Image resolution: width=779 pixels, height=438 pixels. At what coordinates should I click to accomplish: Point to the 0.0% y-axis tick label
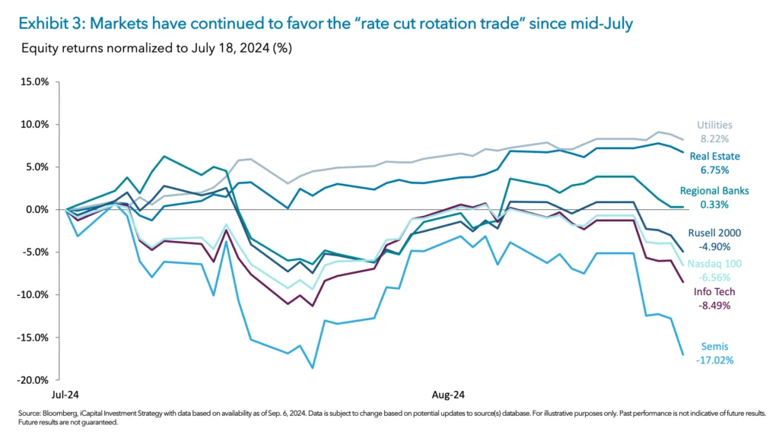(46, 209)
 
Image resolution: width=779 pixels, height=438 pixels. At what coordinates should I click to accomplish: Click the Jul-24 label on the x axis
(66, 395)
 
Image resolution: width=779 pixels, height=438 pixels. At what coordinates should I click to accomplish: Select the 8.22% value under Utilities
(715, 139)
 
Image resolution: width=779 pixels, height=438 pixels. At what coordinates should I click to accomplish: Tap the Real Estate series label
(714, 157)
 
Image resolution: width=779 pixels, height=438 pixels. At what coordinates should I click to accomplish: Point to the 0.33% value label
(714, 204)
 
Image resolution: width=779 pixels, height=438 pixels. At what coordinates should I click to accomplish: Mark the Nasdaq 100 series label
(716, 263)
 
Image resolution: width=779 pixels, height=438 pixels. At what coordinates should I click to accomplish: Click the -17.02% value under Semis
(714, 360)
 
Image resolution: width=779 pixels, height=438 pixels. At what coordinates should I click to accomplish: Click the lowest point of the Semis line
(312, 368)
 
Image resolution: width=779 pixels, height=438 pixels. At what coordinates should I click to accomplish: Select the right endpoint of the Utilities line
(682, 140)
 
